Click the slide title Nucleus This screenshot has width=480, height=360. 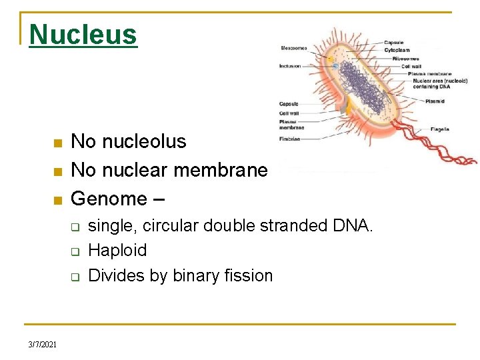[x=83, y=35]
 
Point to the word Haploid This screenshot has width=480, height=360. [x=117, y=250]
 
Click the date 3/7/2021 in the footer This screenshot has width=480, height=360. [x=42, y=344]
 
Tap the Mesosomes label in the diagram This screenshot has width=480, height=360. [x=294, y=48]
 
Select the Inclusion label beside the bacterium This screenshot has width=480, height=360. [x=290, y=66]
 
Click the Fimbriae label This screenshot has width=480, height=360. [x=289, y=139]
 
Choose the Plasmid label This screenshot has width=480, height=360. [x=435, y=101]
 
